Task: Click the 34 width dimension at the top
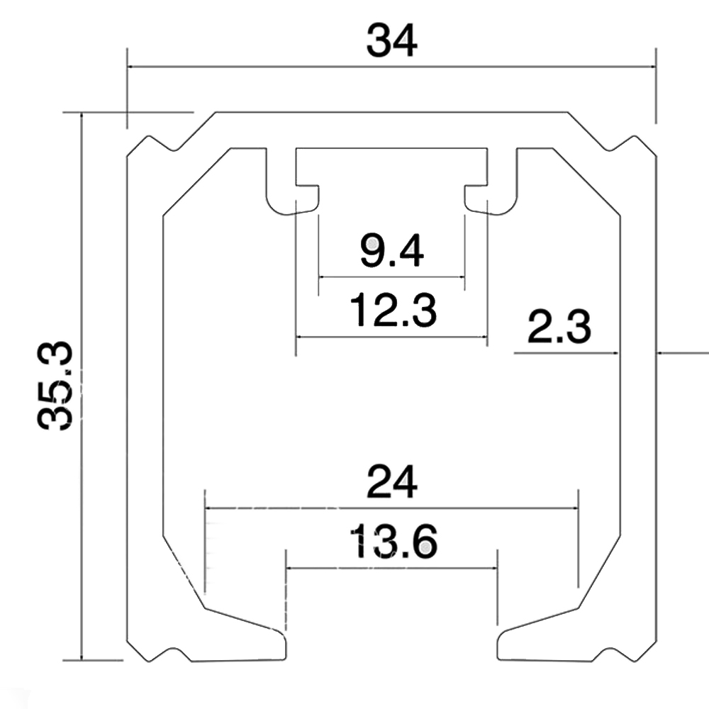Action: (x=391, y=40)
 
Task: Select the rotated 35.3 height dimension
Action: (x=56, y=385)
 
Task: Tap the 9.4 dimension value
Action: (x=391, y=251)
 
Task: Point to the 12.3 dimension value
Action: (x=391, y=311)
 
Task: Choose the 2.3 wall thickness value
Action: (x=559, y=329)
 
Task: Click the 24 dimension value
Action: (x=391, y=484)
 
